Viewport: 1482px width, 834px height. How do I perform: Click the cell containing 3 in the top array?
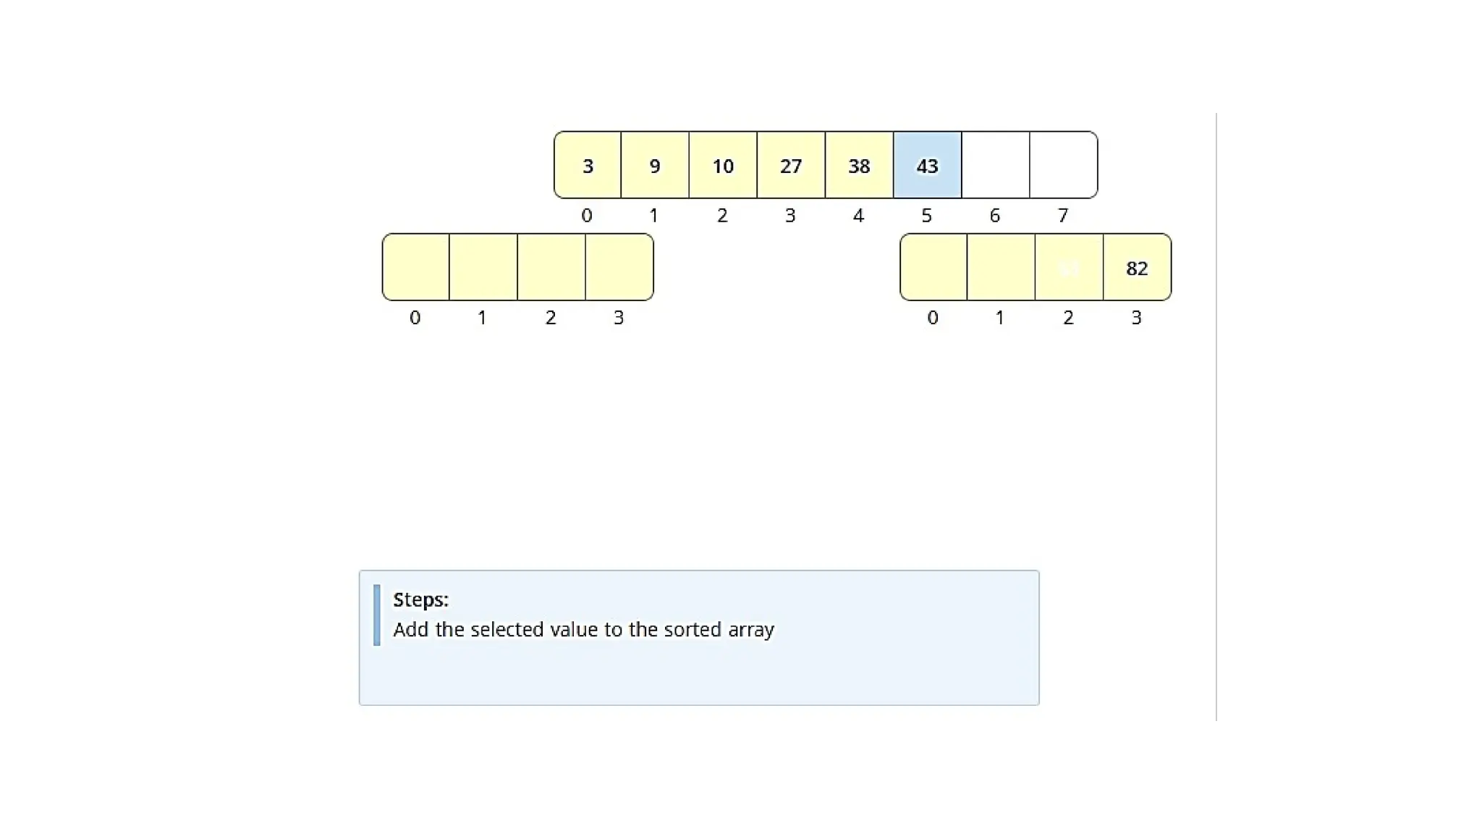click(x=588, y=165)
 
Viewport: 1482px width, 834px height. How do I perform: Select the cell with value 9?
click(x=655, y=165)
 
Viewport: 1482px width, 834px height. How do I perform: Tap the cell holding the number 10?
click(x=723, y=165)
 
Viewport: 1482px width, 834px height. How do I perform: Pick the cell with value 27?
click(x=791, y=165)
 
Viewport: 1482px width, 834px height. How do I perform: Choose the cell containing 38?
click(x=859, y=165)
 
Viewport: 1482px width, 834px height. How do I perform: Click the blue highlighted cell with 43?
click(x=927, y=165)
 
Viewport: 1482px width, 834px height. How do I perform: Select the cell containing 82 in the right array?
click(x=1137, y=267)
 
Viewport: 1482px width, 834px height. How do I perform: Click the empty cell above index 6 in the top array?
click(x=995, y=165)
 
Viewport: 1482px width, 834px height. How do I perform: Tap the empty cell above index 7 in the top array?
click(x=1063, y=165)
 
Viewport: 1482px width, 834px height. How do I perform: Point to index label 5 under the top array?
click(x=926, y=216)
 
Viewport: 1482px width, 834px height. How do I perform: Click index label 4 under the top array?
click(x=858, y=216)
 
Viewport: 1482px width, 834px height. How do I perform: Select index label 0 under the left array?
click(x=415, y=318)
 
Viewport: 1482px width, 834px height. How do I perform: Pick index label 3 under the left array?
click(x=619, y=318)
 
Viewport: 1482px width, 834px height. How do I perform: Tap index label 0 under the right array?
click(x=933, y=318)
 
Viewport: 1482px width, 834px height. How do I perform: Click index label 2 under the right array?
click(x=1068, y=318)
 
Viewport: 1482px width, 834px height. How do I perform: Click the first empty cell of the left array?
click(x=416, y=267)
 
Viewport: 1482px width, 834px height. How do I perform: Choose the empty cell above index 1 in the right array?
click(x=1001, y=267)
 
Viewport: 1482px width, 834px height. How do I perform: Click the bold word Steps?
click(x=420, y=599)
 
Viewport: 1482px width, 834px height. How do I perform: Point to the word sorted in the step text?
click(x=695, y=629)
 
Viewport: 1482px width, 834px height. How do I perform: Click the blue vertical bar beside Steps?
click(x=376, y=615)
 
